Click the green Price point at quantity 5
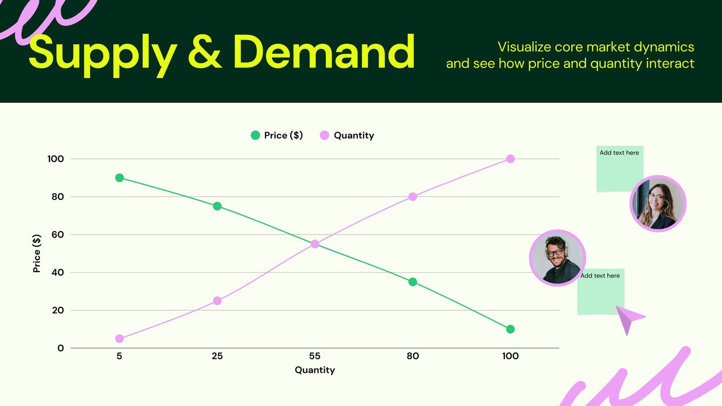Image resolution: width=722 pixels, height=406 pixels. coord(120,178)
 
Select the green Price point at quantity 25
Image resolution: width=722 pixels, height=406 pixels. coord(217,206)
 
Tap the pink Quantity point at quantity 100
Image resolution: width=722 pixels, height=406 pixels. coord(510,159)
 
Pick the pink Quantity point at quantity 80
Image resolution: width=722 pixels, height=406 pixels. coord(412,197)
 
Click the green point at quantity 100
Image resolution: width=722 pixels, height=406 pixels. coord(510,329)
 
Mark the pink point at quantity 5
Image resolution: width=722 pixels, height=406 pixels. coord(120,339)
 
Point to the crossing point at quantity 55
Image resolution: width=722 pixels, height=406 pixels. coord(315,244)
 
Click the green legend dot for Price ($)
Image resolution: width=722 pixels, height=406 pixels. coord(255,135)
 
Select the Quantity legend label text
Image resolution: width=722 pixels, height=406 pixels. coord(354,135)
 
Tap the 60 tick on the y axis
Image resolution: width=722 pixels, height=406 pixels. coord(58,235)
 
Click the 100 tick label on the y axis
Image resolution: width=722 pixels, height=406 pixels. coord(56,159)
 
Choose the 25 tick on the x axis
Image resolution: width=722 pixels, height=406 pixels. coord(217,356)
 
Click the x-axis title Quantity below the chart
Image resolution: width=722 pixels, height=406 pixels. coord(315,370)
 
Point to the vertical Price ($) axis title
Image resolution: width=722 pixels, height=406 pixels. coord(37,253)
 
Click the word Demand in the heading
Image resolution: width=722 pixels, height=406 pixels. coord(324,53)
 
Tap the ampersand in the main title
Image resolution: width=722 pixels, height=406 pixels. coord(204,53)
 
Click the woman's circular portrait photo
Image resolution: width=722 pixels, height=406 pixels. coord(658,203)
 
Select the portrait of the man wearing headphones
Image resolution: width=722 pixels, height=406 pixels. coord(557,258)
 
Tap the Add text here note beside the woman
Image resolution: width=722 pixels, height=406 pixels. coord(619,168)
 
